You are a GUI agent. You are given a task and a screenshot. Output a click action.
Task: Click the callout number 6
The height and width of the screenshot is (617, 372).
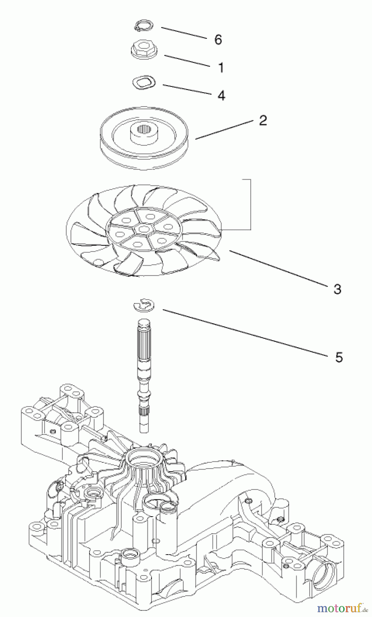pos(218,40)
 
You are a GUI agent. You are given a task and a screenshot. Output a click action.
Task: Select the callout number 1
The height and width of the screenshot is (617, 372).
pos(221,68)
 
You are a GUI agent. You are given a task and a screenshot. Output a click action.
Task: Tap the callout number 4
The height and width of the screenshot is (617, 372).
pos(221,95)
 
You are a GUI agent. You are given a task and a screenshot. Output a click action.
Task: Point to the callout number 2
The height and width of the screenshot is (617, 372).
pos(263,120)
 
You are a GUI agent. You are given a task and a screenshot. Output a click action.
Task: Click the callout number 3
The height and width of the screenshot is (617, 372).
pos(337,289)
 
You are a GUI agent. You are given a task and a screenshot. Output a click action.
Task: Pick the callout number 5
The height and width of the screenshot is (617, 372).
pos(339,358)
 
